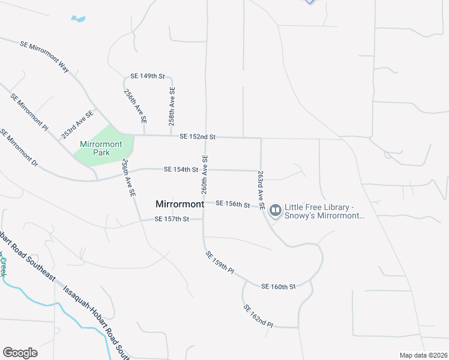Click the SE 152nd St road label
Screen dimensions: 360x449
(197, 137)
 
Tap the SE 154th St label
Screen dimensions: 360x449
(181, 170)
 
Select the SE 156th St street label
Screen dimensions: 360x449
(232, 205)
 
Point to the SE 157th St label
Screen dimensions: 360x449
(172, 220)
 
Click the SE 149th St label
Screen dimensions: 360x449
(147, 76)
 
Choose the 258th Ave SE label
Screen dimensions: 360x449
(172, 106)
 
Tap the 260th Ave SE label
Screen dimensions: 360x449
(205, 174)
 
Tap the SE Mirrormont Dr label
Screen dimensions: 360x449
(18, 148)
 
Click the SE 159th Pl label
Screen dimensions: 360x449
(220, 262)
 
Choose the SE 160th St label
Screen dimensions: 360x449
(279, 287)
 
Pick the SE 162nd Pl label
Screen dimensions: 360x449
(258, 316)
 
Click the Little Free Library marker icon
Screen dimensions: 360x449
(276, 211)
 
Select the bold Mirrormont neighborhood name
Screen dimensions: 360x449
(179, 204)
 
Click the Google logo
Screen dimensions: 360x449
(20, 353)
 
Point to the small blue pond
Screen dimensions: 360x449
(78, 19)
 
